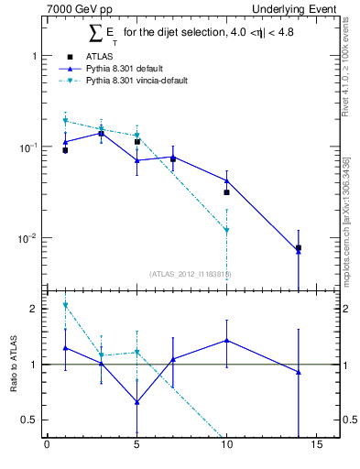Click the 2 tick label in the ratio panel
pyautogui.click(x=34, y=309)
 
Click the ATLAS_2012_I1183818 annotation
pyautogui.click(x=190, y=273)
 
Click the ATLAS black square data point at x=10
pyautogui.click(x=226, y=192)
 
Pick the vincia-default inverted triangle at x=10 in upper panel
pyautogui.click(x=226, y=231)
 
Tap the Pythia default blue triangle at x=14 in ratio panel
pyautogui.click(x=298, y=372)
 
